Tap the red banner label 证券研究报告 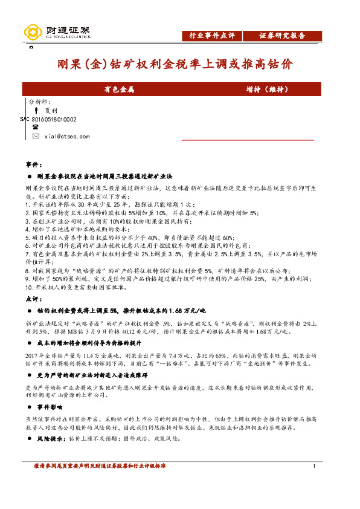282,36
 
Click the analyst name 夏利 51,111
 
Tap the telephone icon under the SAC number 36,128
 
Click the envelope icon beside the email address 36,137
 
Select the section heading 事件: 34,164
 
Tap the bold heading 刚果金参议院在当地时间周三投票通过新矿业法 105,176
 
